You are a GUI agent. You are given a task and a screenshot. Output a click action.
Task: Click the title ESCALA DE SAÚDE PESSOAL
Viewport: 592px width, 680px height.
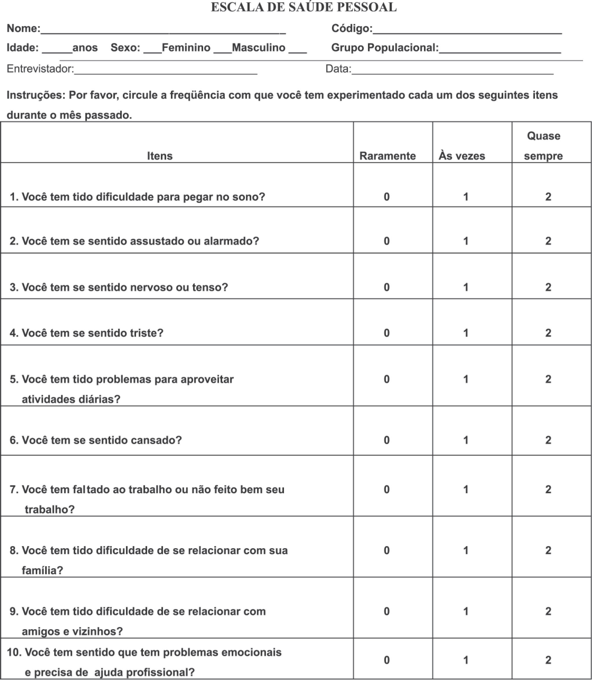coord(304,7)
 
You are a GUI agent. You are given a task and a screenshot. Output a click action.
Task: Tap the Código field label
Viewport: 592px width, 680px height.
coord(352,28)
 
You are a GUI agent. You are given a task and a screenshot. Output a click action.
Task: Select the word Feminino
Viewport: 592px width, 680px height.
coord(186,48)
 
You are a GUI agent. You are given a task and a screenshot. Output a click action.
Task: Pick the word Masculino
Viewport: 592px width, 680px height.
coord(258,48)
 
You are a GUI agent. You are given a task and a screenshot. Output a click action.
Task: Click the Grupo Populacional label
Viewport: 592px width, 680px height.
coord(385,48)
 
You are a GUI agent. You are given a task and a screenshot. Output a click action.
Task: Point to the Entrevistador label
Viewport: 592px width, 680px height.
coord(40,69)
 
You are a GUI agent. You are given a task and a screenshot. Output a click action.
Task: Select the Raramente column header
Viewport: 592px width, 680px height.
coord(387,156)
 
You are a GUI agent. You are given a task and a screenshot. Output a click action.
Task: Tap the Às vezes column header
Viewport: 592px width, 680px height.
coord(462,156)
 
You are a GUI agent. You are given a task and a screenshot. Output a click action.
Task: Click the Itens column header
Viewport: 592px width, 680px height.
coord(160,156)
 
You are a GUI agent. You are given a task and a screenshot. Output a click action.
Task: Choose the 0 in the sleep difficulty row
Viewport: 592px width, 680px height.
coord(387,197)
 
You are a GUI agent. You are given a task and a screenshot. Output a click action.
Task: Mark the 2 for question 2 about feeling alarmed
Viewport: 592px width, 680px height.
coord(548,241)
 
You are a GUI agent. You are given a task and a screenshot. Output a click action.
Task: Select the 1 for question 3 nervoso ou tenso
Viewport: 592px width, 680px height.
coord(466,287)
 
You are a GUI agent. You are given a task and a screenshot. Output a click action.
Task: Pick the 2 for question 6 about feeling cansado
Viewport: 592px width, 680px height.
coord(548,440)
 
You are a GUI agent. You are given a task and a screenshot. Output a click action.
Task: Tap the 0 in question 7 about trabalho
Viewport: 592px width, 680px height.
coord(387,489)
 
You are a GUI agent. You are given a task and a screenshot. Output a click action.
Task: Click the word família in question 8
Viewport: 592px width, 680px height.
coord(42,570)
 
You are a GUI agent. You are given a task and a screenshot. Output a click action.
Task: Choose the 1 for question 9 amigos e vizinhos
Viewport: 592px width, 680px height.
coord(466,611)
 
